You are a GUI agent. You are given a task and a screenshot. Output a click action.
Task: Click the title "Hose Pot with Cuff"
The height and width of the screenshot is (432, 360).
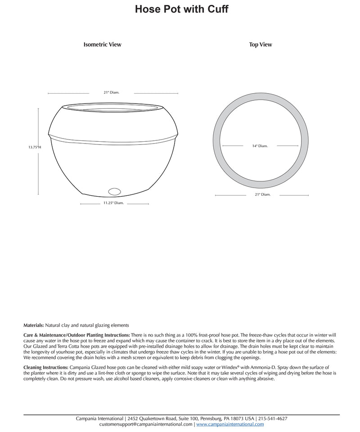point(182,9)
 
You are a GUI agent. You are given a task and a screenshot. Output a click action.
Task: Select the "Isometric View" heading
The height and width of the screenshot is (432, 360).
point(102,45)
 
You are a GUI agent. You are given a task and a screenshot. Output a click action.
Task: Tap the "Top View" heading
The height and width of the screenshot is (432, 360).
point(261,45)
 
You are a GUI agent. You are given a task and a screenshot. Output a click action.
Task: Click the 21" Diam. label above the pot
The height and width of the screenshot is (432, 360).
point(112,93)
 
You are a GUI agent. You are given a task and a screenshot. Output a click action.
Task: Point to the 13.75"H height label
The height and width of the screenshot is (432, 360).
point(35,147)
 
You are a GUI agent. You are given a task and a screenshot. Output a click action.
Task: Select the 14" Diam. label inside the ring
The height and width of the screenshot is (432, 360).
point(260,146)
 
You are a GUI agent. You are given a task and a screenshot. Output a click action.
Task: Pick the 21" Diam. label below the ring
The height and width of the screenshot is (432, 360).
point(263,194)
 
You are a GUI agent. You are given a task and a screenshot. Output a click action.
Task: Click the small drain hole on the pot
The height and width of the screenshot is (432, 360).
point(115,191)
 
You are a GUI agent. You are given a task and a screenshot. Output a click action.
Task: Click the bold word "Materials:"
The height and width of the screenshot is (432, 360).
point(34,325)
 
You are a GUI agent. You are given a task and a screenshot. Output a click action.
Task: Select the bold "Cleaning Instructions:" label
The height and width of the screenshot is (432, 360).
point(46,368)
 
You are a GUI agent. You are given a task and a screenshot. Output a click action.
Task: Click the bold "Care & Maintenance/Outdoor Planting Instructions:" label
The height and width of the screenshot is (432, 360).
point(77,336)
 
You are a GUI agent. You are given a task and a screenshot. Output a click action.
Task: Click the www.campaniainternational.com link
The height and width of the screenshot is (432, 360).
point(230,424)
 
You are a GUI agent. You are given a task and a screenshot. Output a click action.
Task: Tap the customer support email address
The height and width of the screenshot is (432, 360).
point(146,424)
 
